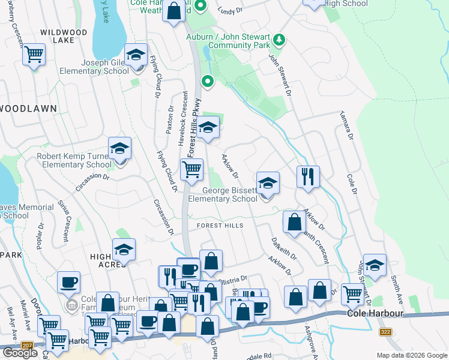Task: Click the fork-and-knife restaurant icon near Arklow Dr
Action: click(x=308, y=176)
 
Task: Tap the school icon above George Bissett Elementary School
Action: click(x=268, y=183)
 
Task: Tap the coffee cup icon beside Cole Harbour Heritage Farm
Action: click(x=68, y=281)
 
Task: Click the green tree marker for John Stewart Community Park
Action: click(x=278, y=40)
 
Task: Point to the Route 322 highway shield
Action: click(x=386, y=332)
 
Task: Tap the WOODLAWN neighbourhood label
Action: click(x=28, y=109)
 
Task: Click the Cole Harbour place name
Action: click(x=373, y=314)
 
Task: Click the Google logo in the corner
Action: click(x=20, y=352)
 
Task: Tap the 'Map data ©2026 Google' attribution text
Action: click(x=411, y=355)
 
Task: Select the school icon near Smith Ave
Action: click(x=375, y=265)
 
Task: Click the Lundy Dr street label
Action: click(x=229, y=10)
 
